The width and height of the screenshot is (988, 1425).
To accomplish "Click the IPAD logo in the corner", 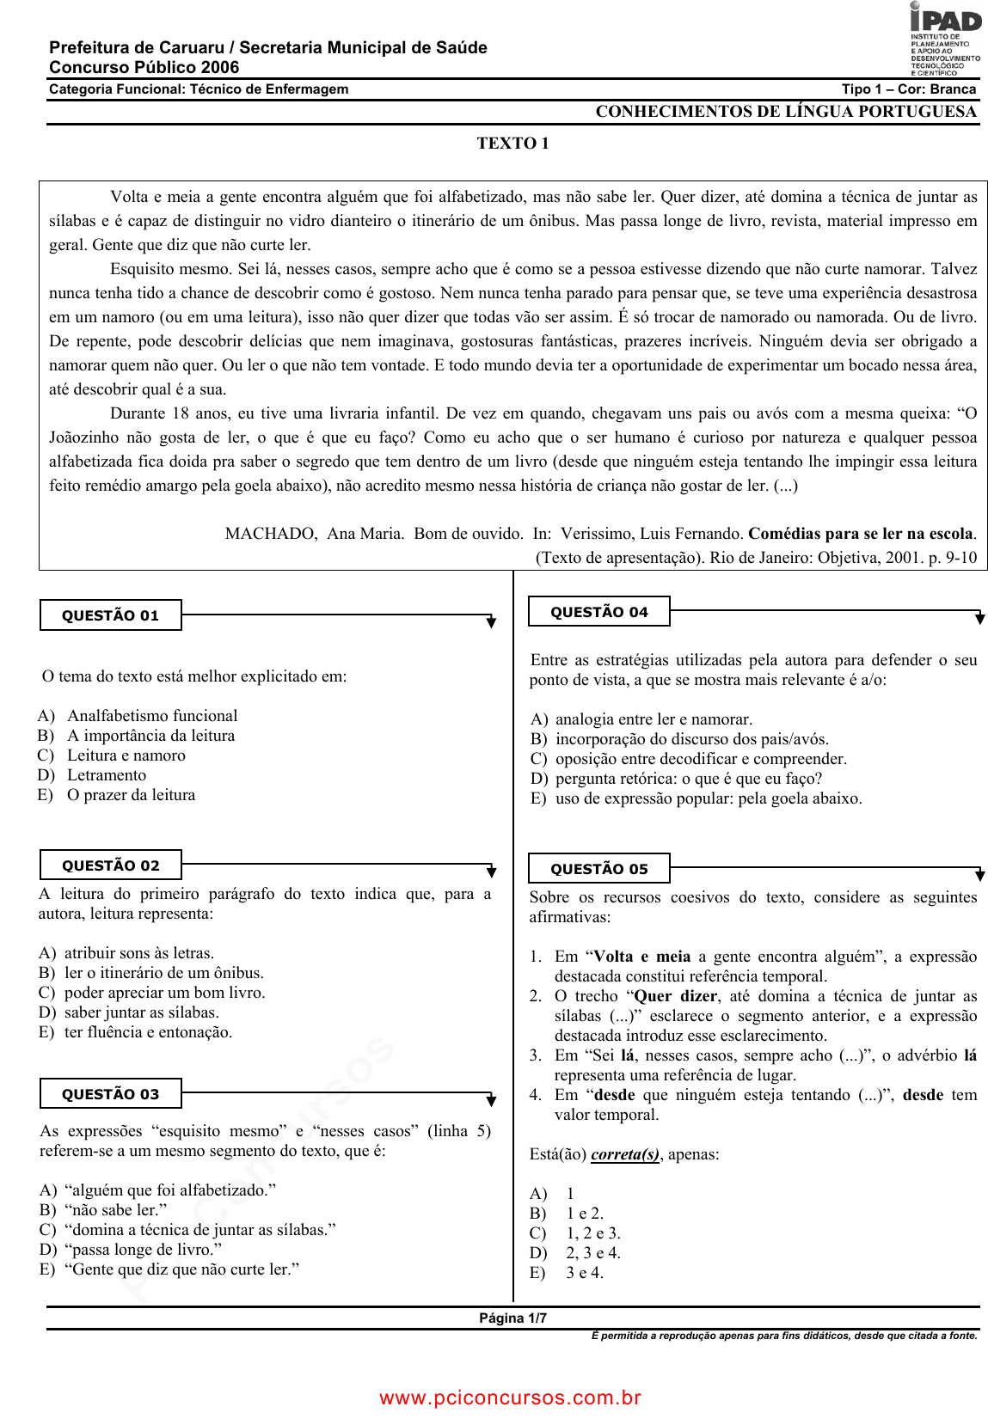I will pyautogui.click(x=945, y=39).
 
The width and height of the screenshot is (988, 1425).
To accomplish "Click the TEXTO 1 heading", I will pyautogui.click(x=512, y=144).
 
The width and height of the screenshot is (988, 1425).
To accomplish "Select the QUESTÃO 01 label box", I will pyautogui.click(x=111, y=615).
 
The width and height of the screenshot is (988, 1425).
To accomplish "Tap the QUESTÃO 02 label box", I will pyautogui.click(x=111, y=865).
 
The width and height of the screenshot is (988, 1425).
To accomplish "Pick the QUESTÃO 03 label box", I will pyautogui.click(x=111, y=1094).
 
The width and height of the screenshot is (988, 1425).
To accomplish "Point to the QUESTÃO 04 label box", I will pyautogui.click(x=599, y=612).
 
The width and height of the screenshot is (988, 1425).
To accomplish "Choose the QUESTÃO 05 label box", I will pyautogui.click(x=599, y=869).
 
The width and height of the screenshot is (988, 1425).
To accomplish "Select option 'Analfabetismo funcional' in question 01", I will pyautogui.click(x=152, y=716).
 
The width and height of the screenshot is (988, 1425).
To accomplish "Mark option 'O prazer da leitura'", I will pyautogui.click(x=131, y=795).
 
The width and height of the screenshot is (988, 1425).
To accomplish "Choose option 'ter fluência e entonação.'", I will pyautogui.click(x=148, y=1032).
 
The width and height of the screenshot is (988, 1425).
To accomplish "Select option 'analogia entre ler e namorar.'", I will pyautogui.click(x=654, y=719).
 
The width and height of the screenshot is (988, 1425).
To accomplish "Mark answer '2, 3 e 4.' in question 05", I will pyautogui.click(x=592, y=1253).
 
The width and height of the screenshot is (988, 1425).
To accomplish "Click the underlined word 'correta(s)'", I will pyautogui.click(x=625, y=1154).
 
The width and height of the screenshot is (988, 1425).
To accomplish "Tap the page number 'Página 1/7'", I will pyautogui.click(x=512, y=1318).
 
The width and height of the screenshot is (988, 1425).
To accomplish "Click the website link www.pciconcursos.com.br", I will pyautogui.click(x=511, y=1397).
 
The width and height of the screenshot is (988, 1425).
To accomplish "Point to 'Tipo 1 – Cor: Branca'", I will pyautogui.click(x=909, y=89).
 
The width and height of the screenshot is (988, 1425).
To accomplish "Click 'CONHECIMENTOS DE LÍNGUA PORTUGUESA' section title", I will pyautogui.click(x=786, y=112).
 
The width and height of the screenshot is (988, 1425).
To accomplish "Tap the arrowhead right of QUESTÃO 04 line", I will pyautogui.click(x=979, y=618).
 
